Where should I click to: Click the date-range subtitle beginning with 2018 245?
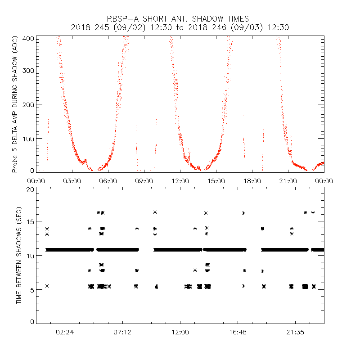click(180, 27)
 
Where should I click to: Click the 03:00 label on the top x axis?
click(72, 181)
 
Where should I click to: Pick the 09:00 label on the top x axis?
click(144, 181)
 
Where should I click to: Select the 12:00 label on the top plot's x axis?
click(180, 181)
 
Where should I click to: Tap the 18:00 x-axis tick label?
click(252, 181)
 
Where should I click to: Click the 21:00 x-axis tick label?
click(288, 181)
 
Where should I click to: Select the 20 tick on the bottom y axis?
click(30, 190)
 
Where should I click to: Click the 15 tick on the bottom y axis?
click(30, 223)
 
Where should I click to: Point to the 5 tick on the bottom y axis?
click(32, 289)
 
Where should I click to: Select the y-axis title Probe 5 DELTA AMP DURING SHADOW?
click(14, 105)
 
